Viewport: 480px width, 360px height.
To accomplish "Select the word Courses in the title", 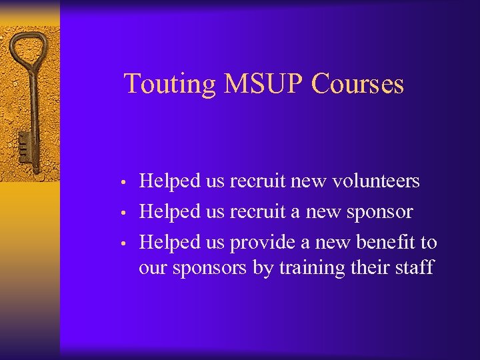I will coord(358,85).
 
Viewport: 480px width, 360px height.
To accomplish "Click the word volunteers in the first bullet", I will coord(376,181).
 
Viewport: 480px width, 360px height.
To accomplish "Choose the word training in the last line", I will coord(311,268).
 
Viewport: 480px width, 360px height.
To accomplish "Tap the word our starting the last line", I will coord(153,269).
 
